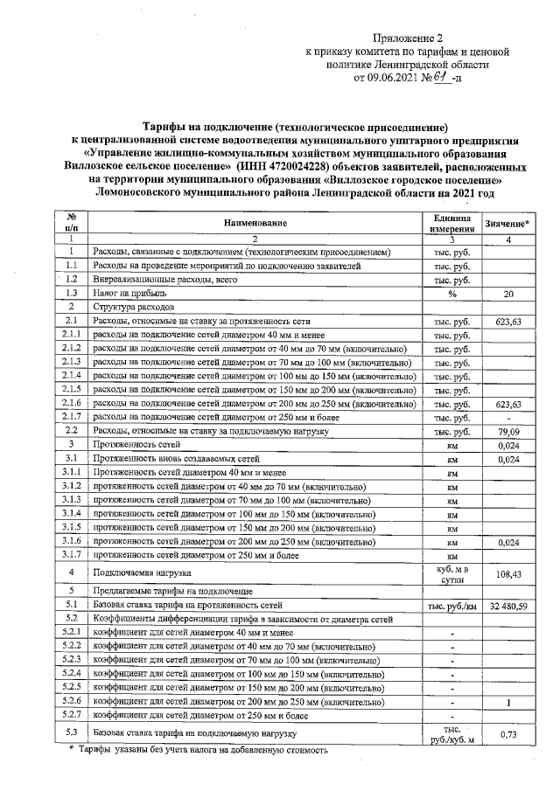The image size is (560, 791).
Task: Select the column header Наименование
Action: (248, 223)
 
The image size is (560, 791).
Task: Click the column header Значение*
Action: (507, 224)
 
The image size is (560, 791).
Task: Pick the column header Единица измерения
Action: (451, 223)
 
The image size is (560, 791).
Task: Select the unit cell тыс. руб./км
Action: (451, 604)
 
